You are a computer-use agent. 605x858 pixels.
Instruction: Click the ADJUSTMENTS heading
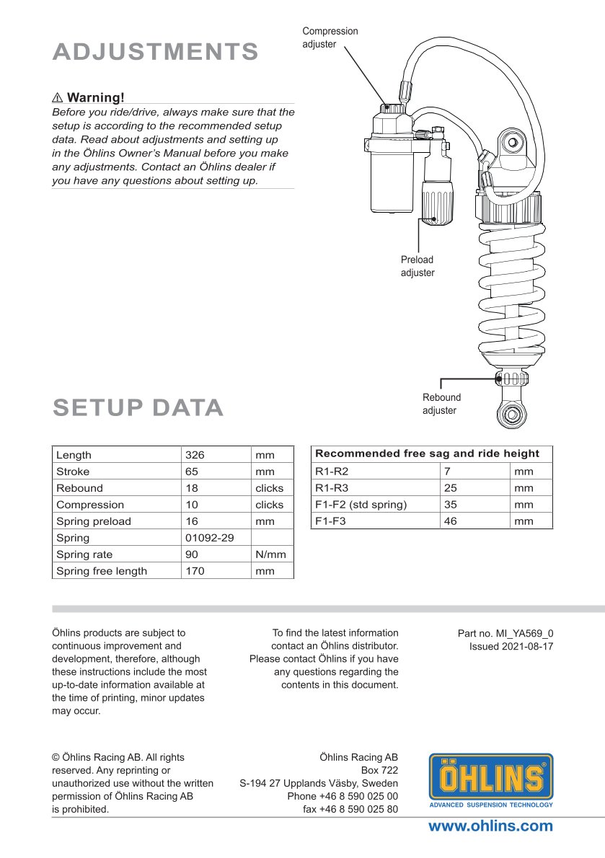[156, 52]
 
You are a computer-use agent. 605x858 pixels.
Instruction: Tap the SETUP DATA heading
[138, 408]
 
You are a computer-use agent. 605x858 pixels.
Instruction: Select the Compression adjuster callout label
[330, 37]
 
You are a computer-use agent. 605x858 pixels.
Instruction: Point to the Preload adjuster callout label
[418, 266]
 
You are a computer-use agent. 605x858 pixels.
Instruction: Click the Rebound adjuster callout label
[441, 404]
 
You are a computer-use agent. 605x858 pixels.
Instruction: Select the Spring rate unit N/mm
[270, 554]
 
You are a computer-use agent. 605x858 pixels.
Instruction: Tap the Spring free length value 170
[195, 571]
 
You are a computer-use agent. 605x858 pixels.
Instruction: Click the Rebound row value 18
[192, 488]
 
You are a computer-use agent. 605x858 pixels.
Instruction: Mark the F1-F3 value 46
[450, 521]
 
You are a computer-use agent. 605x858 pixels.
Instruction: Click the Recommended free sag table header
[427, 454]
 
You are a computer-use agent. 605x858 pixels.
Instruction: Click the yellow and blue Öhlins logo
[491, 781]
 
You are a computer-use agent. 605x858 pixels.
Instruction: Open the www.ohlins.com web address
[490, 826]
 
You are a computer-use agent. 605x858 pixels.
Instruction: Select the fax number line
[350, 809]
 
